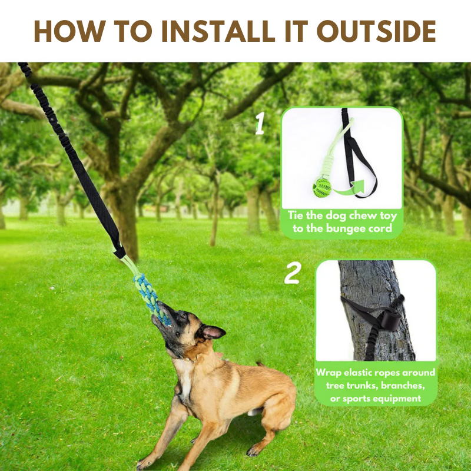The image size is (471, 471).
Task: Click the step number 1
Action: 260,124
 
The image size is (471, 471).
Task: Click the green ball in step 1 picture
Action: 322,188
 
